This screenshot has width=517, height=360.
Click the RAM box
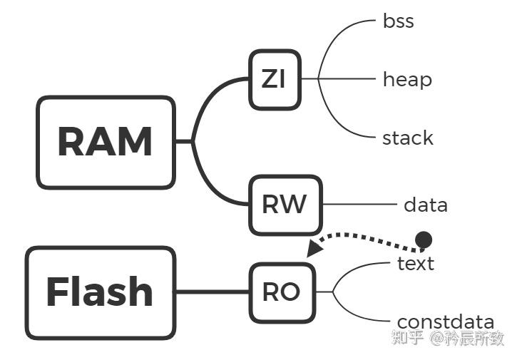[x=106, y=142]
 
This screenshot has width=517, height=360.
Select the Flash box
[x=101, y=292]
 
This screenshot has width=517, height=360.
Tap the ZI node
[x=274, y=79]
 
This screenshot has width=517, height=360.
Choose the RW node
[x=285, y=205]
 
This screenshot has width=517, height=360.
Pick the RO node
[x=282, y=292]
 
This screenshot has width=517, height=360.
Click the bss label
[x=399, y=21]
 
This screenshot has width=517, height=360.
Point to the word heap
[x=407, y=79]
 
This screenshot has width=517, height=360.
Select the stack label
[x=407, y=138]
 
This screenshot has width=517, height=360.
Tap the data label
[x=426, y=205]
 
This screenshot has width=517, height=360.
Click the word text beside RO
[x=416, y=264]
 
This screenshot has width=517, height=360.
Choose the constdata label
[x=445, y=322]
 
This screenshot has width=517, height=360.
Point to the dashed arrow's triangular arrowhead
[x=313, y=249]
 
